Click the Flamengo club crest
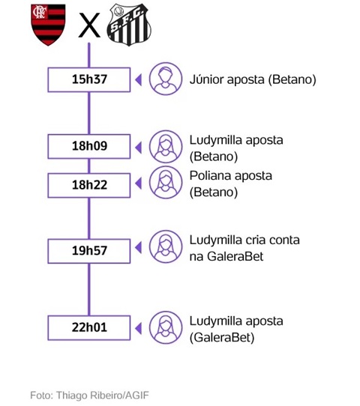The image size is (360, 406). [x=48, y=25]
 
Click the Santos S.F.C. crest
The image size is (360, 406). [x=129, y=25]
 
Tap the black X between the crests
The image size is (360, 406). [x=89, y=25]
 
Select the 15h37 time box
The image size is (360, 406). [x=89, y=79]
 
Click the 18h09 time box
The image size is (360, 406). [x=89, y=146]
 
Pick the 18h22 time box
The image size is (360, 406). [x=89, y=185]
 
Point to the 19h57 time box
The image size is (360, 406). [x=89, y=251]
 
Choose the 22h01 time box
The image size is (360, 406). [x=89, y=327]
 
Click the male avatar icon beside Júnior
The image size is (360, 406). [x=166, y=79]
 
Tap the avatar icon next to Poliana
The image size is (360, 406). [x=166, y=182]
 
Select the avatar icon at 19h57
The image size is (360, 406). [x=166, y=246]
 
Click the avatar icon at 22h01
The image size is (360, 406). [x=166, y=327]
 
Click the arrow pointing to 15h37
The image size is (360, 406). [x=139, y=79]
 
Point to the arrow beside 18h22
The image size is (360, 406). [x=139, y=184]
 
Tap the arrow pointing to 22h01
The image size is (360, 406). [x=139, y=329]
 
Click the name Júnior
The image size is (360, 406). [x=206, y=79]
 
